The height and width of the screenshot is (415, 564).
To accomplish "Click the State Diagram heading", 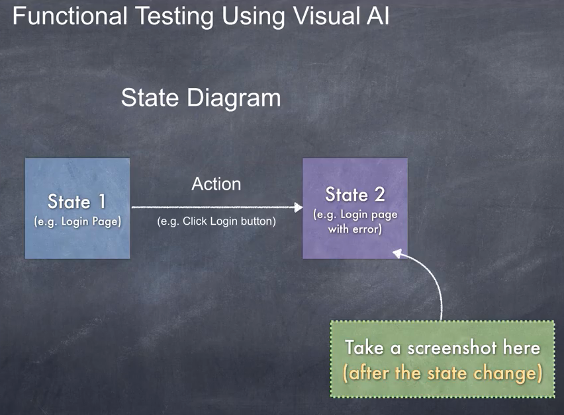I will point(201,98).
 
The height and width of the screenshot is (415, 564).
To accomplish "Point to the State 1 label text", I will point(77,201).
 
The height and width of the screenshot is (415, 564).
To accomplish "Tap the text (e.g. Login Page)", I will point(77,222).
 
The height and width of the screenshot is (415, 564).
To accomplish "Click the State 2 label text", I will point(355,194).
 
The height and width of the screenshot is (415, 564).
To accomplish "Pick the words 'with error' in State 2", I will point(355,230).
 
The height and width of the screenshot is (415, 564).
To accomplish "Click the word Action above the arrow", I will point(216,184).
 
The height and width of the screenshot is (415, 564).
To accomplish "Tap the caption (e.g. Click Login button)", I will point(216,221).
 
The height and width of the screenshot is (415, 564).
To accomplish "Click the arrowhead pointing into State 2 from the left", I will point(298,207).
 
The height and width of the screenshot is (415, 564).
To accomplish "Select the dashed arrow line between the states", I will point(212,207).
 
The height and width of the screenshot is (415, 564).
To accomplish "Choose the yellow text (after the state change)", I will point(442,373).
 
